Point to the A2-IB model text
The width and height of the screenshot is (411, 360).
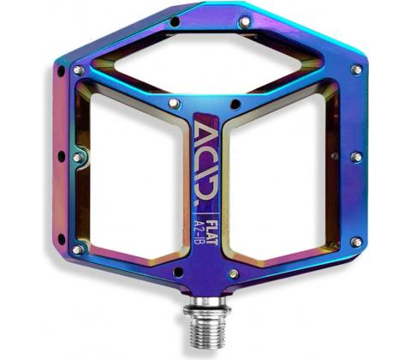tap(200, 232)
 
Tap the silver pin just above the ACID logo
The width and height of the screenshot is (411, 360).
tap(174, 103)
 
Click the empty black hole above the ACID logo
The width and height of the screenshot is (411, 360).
tap(235, 105)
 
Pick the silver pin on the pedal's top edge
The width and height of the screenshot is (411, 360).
tap(245, 22)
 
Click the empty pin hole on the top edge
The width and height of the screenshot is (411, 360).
tap(175, 21)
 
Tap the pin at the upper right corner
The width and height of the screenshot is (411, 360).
tap(356, 70)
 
